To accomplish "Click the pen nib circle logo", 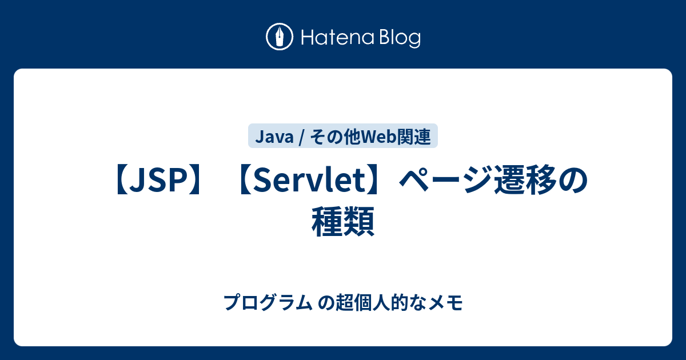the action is pos(280,37).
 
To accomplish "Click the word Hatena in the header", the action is pos(338,38).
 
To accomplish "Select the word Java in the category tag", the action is pos(274,137).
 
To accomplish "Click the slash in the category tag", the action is pos(302,137).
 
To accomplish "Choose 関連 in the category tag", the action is pos(414,137).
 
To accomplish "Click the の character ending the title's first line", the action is pos(573,180).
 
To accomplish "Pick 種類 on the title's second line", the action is pos(343,222).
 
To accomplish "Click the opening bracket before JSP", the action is pos(122,180).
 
